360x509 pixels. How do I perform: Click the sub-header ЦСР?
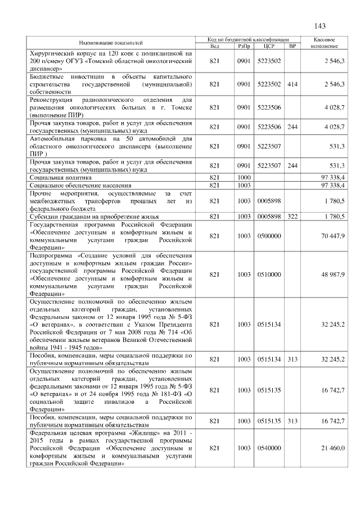tap(268, 46)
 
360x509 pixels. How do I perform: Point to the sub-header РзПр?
tap(244, 46)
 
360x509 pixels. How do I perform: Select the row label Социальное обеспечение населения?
tap(80, 184)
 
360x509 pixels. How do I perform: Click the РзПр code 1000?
tap(244, 177)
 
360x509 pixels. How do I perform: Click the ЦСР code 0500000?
tap(268, 236)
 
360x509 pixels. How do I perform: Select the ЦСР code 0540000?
tap(268, 448)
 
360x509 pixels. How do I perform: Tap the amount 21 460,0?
tap(333, 448)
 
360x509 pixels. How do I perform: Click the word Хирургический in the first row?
tap(55, 53)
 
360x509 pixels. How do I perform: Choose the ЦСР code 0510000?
tap(268, 274)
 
